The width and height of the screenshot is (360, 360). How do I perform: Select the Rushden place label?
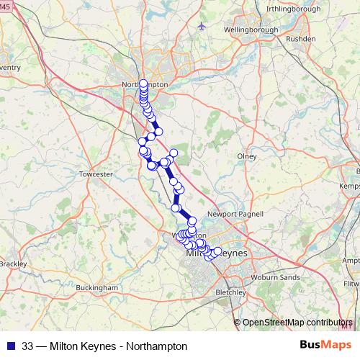click(x=301, y=38)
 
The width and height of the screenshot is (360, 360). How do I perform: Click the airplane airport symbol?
click(x=201, y=26)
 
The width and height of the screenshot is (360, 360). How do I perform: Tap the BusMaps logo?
click(x=322, y=346)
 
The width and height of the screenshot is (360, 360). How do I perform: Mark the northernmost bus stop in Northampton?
click(x=143, y=83)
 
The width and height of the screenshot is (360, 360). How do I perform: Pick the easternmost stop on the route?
click(x=217, y=251)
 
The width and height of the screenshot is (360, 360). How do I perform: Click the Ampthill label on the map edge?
click(x=352, y=261)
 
